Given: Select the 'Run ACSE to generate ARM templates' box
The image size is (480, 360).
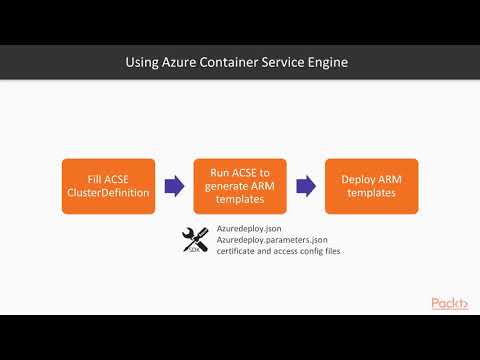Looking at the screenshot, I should click(x=239, y=185).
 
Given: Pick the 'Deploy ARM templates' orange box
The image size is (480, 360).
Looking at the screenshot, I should click(x=371, y=185).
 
